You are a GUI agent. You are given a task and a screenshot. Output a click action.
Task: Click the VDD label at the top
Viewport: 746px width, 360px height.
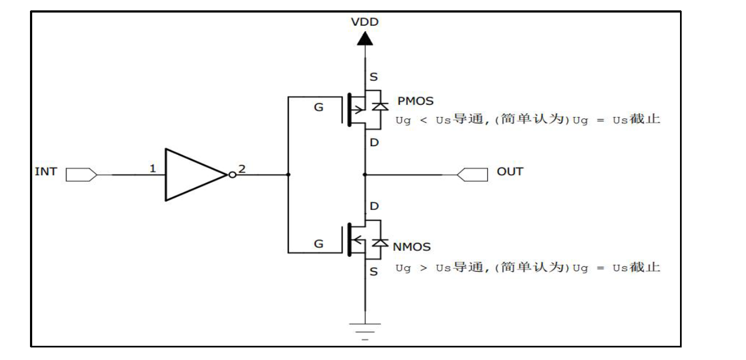365,22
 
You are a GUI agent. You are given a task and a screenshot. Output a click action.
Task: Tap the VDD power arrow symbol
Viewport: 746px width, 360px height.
365,39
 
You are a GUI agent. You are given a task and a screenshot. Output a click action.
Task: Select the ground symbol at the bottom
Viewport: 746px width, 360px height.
365,331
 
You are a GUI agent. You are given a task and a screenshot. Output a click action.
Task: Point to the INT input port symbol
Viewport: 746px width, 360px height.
81,175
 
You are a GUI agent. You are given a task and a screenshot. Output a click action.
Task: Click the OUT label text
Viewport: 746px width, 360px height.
509,172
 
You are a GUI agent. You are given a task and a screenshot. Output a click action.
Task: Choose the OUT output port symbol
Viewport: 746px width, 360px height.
472,175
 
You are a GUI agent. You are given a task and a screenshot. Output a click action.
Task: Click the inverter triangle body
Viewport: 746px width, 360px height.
191,175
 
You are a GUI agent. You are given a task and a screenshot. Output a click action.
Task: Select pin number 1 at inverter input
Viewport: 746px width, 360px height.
153,169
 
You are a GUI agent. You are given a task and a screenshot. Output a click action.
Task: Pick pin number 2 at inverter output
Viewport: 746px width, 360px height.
242,169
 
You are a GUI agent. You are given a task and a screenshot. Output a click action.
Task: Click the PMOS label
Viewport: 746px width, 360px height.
415,101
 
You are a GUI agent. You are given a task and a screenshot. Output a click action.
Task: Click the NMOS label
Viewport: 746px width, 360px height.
412,247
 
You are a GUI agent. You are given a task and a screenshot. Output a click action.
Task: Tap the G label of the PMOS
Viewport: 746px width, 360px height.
318,107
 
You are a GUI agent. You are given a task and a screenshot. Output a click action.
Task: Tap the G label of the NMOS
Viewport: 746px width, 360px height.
318,244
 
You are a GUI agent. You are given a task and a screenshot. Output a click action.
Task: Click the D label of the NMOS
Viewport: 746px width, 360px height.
374,207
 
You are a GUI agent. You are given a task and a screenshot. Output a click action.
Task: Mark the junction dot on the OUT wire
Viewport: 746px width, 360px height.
365,175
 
